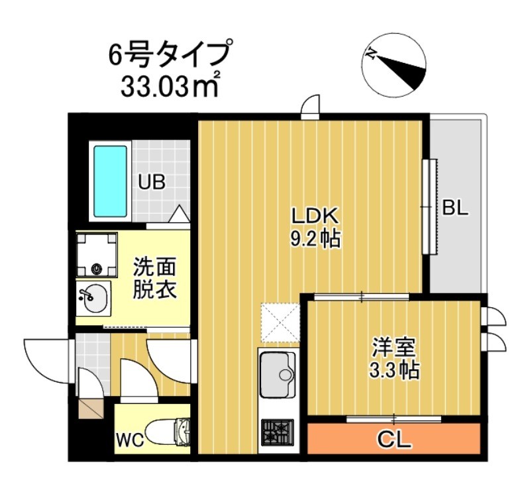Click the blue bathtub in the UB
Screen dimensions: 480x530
110,180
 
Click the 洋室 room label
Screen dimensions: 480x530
393,346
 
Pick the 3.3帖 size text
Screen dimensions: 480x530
393,370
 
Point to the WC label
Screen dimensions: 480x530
132,440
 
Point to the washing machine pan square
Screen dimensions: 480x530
97,255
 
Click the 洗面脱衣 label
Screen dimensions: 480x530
154,279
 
